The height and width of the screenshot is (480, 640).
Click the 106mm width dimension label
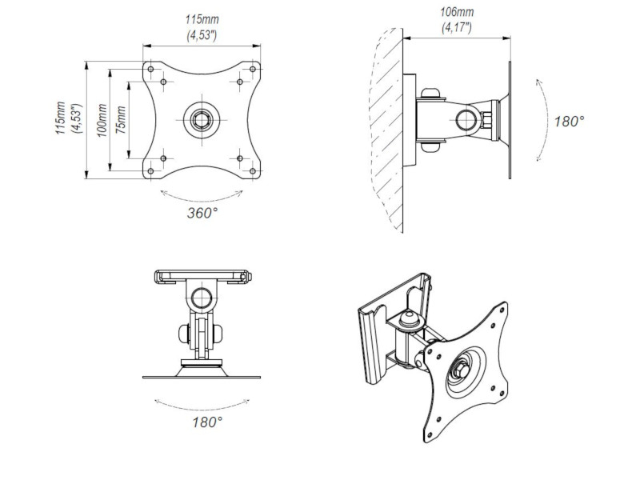click(x=457, y=12)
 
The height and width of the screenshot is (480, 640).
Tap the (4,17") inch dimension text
click(x=457, y=27)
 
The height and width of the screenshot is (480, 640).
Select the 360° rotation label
click(x=202, y=213)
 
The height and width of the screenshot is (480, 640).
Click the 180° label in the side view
click(x=569, y=122)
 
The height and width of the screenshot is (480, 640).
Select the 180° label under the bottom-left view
click(x=207, y=421)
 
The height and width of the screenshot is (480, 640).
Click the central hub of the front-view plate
click(x=201, y=120)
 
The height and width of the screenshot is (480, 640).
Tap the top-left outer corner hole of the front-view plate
click(x=150, y=70)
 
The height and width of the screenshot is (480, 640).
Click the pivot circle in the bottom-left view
click(x=202, y=299)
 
